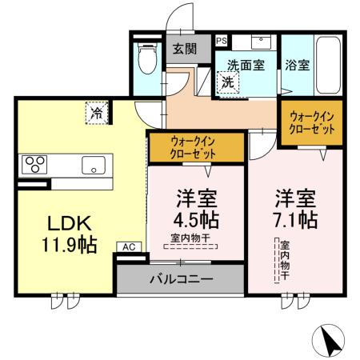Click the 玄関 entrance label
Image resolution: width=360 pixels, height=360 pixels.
pyautogui.click(x=185, y=49)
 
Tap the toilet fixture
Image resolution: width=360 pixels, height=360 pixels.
pyautogui.click(x=146, y=58)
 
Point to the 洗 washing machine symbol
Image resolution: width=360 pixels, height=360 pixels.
pyautogui.click(x=226, y=81)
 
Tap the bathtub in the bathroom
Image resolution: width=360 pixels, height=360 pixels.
pyautogui.click(x=330, y=64)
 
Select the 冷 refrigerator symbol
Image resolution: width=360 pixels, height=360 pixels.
pyautogui.click(x=96, y=113)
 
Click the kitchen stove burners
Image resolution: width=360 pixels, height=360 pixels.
pyautogui.click(x=36, y=166)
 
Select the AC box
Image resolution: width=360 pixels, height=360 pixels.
pyautogui.click(x=127, y=248)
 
